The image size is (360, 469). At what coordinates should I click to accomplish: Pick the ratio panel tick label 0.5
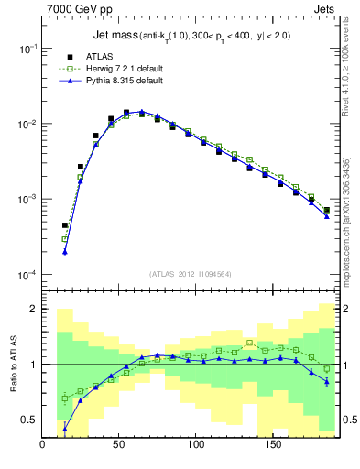click(28, 420)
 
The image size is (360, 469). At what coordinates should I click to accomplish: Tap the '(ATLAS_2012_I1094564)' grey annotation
click(191, 273)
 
